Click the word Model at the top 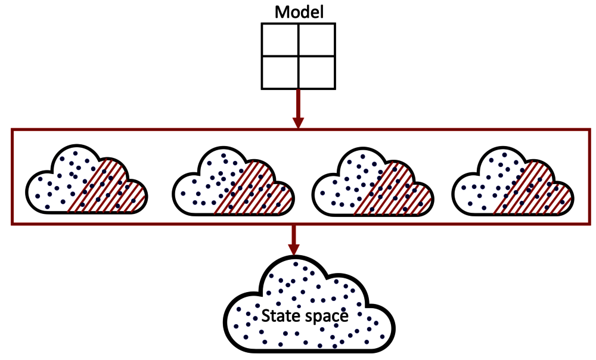[x=298, y=12]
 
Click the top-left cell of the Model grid [x=280, y=39]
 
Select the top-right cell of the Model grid [x=316, y=39]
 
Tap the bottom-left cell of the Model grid [x=280, y=72]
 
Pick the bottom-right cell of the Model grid [x=316, y=72]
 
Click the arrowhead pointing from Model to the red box [x=298, y=122]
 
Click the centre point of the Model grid [x=298, y=55]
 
